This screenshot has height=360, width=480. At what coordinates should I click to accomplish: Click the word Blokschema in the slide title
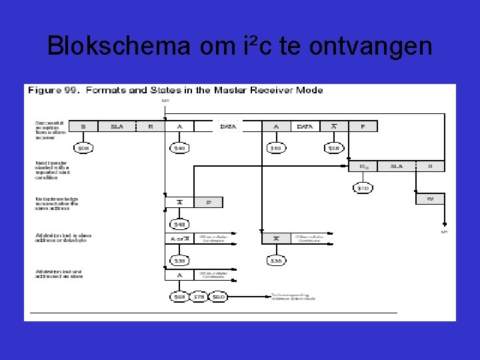pyautogui.click(x=119, y=46)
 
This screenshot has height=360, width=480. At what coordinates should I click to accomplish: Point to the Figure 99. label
pyautogui.click(x=54, y=91)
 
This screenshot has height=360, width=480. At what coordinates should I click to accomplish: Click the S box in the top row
pyautogui.click(x=83, y=126)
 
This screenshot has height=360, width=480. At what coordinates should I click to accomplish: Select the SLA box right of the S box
pyautogui.click(x=117, y=126)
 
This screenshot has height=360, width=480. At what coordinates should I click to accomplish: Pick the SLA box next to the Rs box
pyautogui.click(x=397, y=166)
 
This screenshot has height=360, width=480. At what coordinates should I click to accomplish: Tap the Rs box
pyautogui.click(x=363, y=166)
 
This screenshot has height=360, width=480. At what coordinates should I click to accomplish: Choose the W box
pyautogui.click(x=430, y=198)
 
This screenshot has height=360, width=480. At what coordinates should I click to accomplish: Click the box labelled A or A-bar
pyautogui.click(x=179, y=239)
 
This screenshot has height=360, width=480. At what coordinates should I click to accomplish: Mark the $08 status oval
pyautogui.click(x=83, y=148)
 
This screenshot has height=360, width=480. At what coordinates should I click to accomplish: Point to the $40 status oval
pyautogui.click(x=179, y=148)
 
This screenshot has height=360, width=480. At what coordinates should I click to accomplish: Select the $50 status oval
pyautogui.click(x=275, y=148)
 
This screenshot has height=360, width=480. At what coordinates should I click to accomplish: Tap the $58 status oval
pyautogui.click(x=333, y=148)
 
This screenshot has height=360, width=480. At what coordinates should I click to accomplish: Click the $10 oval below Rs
pyautogui.click(x=363, y=188)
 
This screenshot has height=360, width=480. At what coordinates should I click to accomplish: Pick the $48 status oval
pyautogui.click(x=179, y=225)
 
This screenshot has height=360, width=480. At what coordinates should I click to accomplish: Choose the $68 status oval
pyautogui.click(x=179, y=297)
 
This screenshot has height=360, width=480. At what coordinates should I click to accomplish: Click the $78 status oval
pyautogui.click(x=199, y=297)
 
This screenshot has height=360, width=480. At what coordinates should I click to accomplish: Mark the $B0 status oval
pyautogui.click(x=218, y=297)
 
